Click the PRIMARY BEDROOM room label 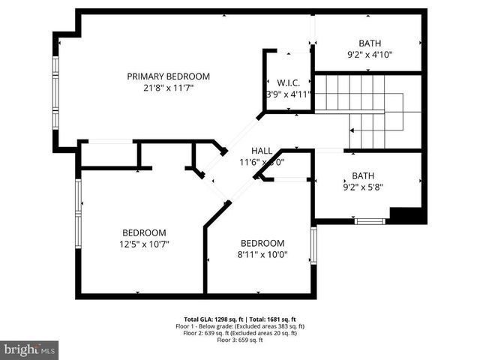pyautogui.click(x=168, y=76)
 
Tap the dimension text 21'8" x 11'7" pyautogui.click(x=168, y=88)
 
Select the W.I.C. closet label pyautogui.click(x=289, y=82)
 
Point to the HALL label pyautogui.click(x=262, y=150)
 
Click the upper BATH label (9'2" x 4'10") pyautogui.click(x=370, y=43)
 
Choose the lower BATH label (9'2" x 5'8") pyautogui.click(x=363, y=175)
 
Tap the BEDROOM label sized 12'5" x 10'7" pyautogui.click(x=145, y=232)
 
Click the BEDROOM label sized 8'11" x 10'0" pyautogui.click(x=262, y=243)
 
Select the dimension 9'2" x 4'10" pyautogui.click(x=370, y=55)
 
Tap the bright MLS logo pyautogui.click(x=30, y=349)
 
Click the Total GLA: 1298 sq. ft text pyautogui.click(x=211, y=319)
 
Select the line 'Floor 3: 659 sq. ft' pyautogui.click(x=240, y=340)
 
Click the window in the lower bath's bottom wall pyautogui.click(x=370, y=221)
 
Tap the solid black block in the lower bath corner pyautogui.click(x=407, y=215)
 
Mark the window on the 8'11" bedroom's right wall pyautogui.click(x=313, y=246)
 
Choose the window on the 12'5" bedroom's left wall pyautogui.click(x=77, y=214)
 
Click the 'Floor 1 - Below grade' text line pyautogui.click(x=240, y=326)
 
